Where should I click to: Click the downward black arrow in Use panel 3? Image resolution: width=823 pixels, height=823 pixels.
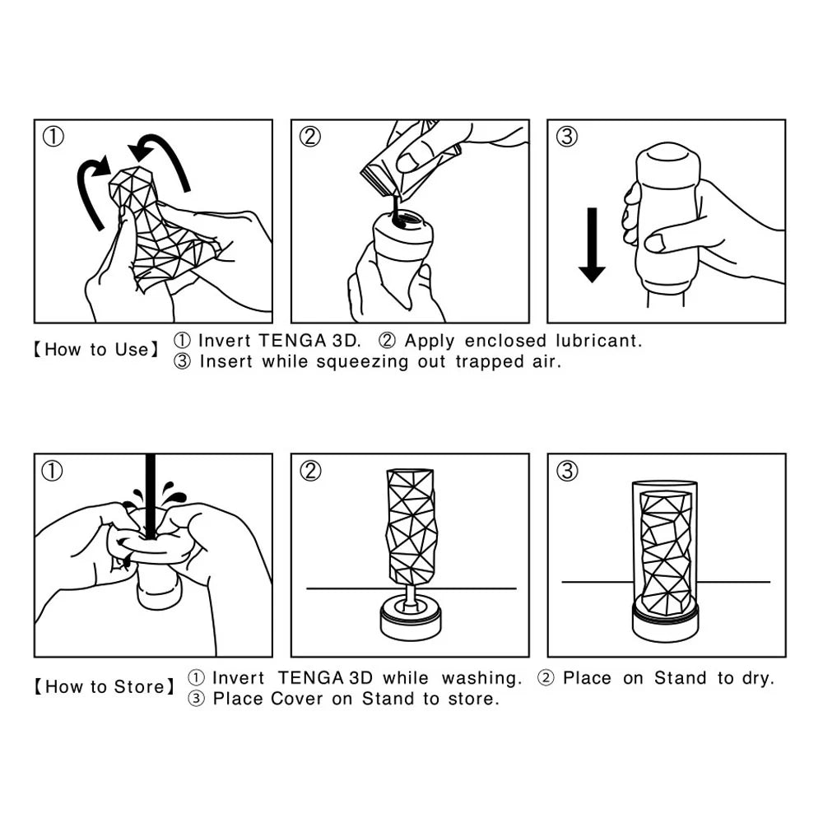tap(591, 245)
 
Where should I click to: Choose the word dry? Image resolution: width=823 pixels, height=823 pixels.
tap(756, 678)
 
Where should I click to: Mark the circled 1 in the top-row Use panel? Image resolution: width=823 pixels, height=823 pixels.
tap(53, 137)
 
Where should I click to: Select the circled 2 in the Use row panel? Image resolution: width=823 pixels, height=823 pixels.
tap(309, 137)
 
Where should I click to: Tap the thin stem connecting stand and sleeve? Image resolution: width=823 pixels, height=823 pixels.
tap(409, 593)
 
